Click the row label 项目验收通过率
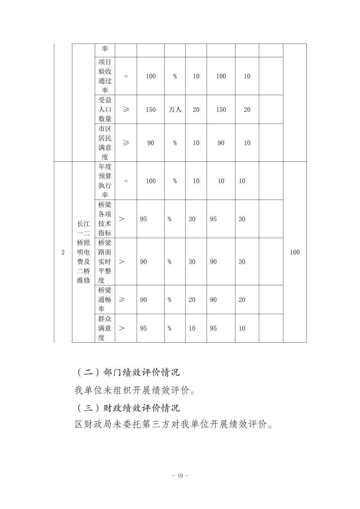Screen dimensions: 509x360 [x=105, y=76]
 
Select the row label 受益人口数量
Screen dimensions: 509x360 [x=105, y=110]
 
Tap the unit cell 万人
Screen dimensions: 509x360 [x=175, y=110]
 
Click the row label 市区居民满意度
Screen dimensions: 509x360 [x=105, y=143]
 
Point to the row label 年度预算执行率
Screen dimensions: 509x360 [x=105, y=181]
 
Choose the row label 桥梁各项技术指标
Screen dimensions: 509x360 [x=105, y=219]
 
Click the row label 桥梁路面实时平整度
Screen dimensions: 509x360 [x=105, y=262]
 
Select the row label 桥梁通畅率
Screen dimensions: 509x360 [x=105, y=300]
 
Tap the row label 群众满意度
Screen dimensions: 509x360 [x=105, y=328]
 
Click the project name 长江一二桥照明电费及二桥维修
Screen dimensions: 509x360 [x=83, y=252]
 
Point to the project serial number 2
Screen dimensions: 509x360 [x=63, y=252]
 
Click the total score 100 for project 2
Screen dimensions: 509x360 [x=295, y=252]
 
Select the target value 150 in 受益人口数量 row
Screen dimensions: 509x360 [x=151, y=110]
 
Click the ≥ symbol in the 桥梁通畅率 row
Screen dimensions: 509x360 [x=122, y=300]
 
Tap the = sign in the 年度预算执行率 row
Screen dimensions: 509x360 [x=126, y=181]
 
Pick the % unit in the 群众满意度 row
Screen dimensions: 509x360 [x=169, y=328]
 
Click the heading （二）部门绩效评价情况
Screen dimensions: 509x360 [x=128, y=372]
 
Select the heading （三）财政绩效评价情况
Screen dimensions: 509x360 [x=128, y=408]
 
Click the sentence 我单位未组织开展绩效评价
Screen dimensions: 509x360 [x=135, y=390]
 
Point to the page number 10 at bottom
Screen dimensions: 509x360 [x=180, y=476]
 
